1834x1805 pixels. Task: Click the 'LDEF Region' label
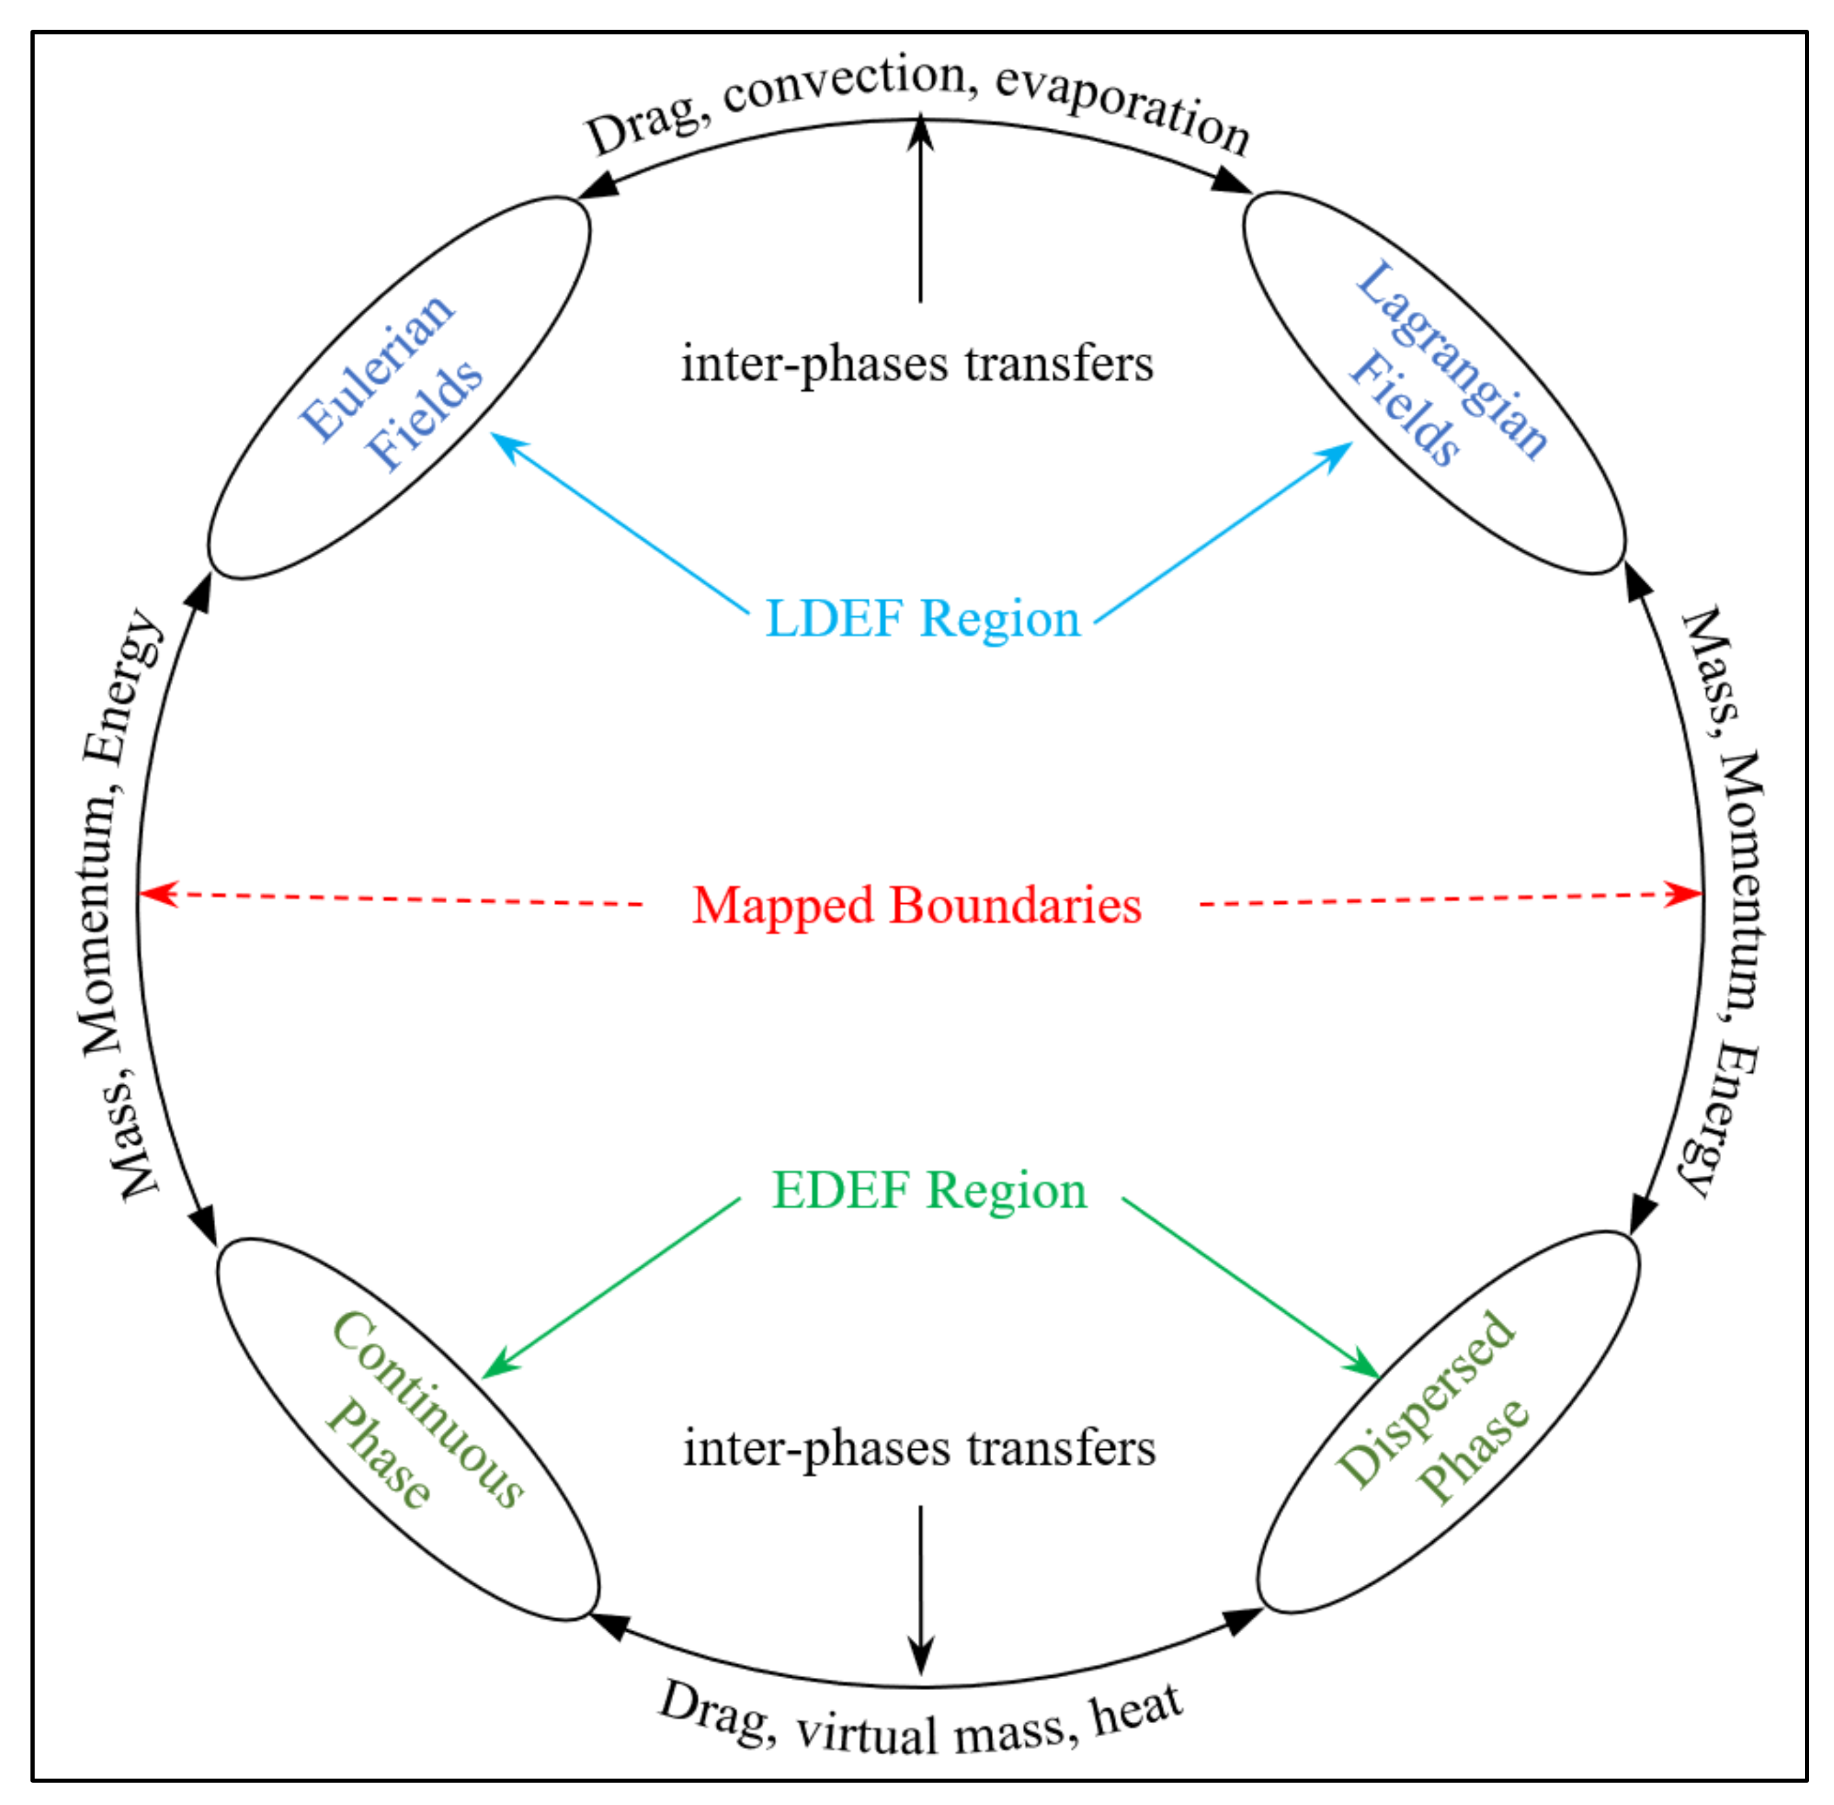pyautogui.click(x=922, y=619)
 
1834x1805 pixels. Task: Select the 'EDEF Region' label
pyautogui.click(x=929, y=1191)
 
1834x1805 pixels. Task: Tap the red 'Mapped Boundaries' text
pyautogui.click(x=917, y=905)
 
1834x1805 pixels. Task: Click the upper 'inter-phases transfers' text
pyautogui.click(x=917, y=364)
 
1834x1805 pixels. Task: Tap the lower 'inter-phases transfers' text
pyautogui.click(x=919, y=1448)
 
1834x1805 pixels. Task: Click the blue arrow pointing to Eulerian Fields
pyautogui.click(x=616, y=522)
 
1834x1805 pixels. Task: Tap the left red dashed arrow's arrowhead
pyautogui.click(x=159, y=893)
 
